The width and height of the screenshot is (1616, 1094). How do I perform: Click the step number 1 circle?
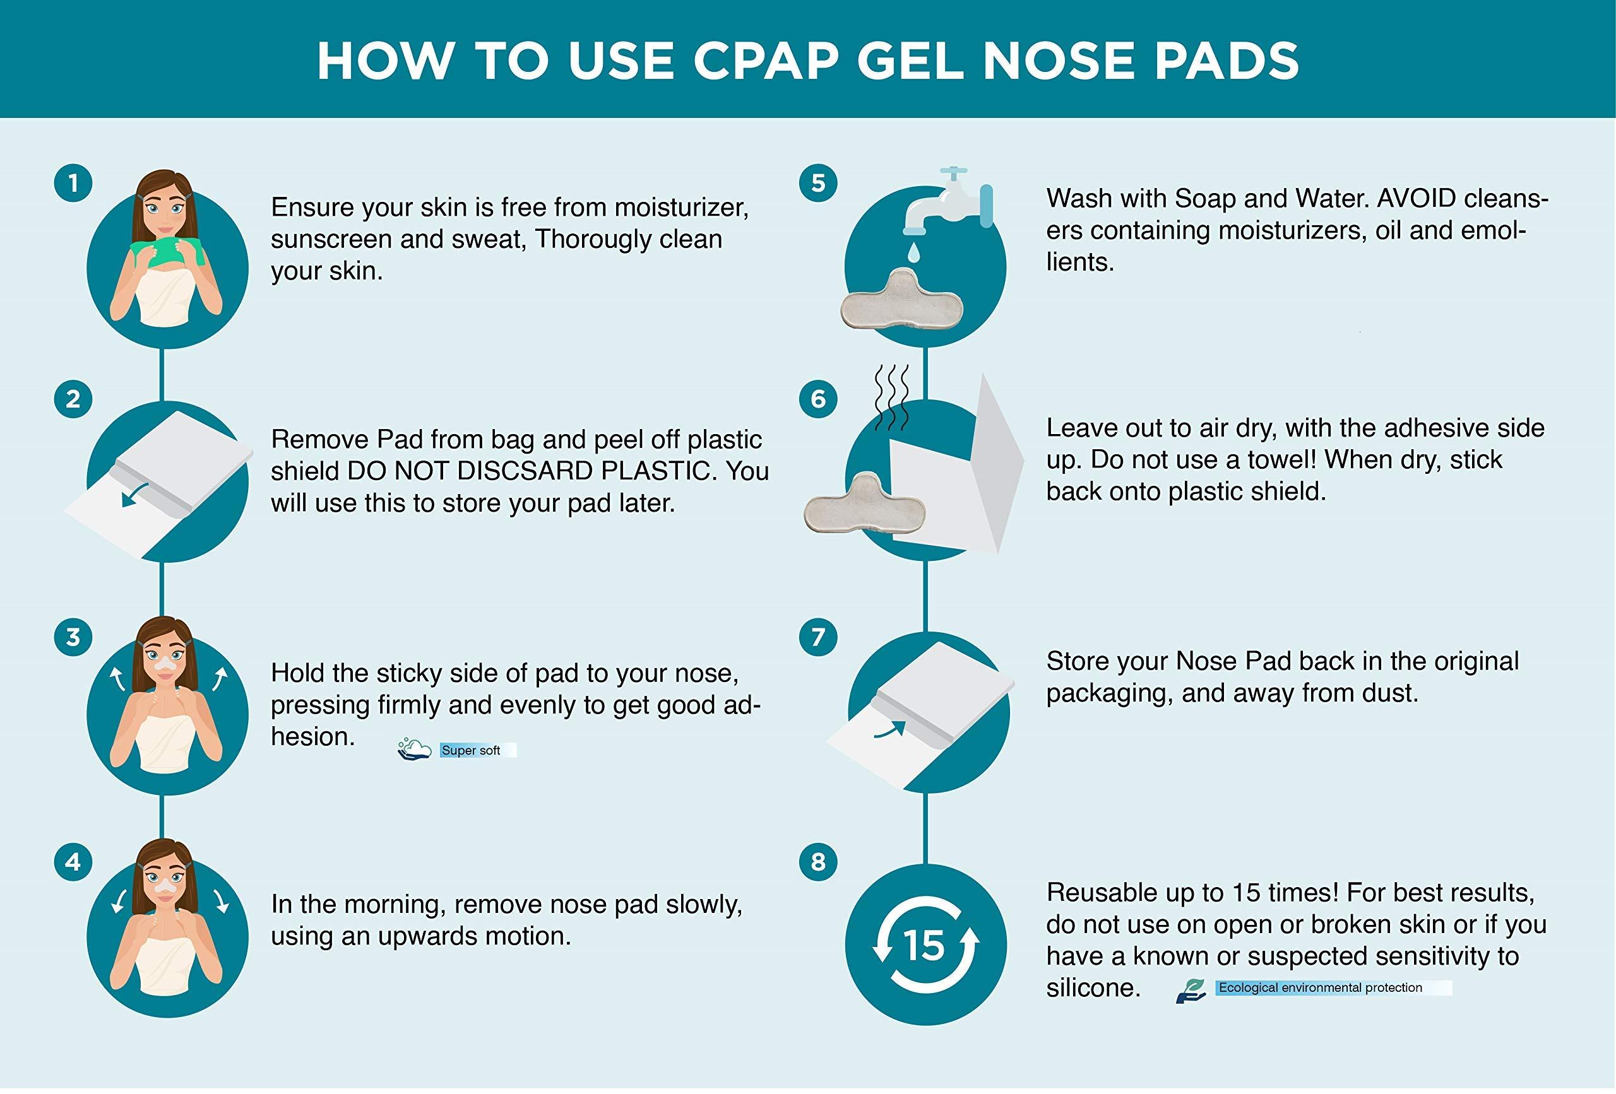[73, 184]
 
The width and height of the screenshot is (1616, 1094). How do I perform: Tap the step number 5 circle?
[819, 184]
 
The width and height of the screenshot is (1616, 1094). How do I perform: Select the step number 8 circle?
[819, 862]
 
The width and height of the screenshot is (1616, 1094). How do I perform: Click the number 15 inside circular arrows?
[925, 946]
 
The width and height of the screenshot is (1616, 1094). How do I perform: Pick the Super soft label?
[471, 750]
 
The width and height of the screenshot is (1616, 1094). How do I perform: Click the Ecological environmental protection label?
[1320, 987]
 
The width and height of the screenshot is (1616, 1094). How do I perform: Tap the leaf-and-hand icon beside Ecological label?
[1192, 990]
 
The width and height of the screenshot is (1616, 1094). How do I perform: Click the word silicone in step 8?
[1093, 987]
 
